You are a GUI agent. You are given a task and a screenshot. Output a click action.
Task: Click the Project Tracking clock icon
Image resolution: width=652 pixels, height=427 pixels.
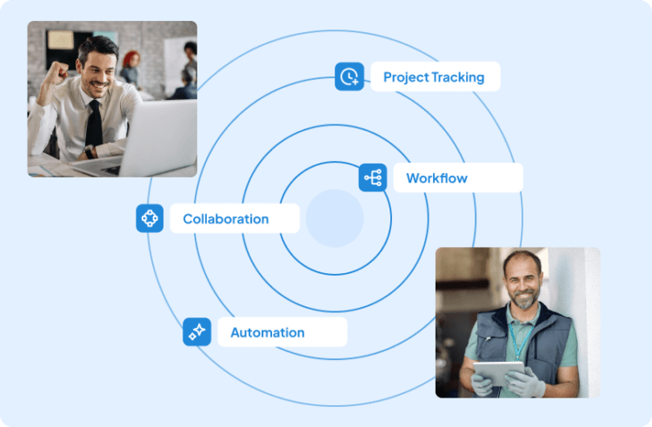pyautogui.click(x=349, y=77)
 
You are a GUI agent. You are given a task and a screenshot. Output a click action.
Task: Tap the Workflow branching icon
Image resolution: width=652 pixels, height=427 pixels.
pyautogui.click(x=373, y=177)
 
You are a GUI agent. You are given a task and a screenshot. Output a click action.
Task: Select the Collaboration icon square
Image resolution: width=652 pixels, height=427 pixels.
pyautogui.click(x=150, y=218)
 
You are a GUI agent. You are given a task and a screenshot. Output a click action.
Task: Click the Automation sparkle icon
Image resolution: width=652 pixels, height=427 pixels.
pyautogui.click(x=196, y=332)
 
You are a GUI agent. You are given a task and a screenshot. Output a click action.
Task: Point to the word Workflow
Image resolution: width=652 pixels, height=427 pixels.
pyautogui.click(x=436, y=178)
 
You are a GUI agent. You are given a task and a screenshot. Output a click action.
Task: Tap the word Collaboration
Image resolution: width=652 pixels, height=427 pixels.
pyautogui.click(x=226, y=218)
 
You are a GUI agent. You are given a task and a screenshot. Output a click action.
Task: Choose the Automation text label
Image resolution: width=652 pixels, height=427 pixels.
pyautogui.click(x=268, y=332)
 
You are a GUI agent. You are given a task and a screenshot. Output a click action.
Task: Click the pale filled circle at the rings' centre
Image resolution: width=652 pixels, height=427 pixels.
pyautogui.click(x=335, y=218)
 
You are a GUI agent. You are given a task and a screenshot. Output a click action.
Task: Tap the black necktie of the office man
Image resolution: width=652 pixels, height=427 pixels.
pyautogui.click(x=95, y=123)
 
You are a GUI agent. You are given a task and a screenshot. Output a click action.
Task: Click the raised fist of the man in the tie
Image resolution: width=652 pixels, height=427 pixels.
pyautogui.click(x=57, y=73)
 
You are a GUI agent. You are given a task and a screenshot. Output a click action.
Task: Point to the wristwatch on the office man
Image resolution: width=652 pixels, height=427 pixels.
pyautogui.click(x=89, y=151)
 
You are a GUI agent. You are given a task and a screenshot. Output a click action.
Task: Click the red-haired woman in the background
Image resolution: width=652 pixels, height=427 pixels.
pyautogui.click(x=130, y=68)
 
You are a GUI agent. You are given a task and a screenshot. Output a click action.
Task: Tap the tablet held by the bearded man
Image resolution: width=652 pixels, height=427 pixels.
pyautogui.click(x=499, y=373)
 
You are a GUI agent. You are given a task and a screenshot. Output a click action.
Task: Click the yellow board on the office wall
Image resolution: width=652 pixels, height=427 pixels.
pyautogui.click(x=60, y=40)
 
